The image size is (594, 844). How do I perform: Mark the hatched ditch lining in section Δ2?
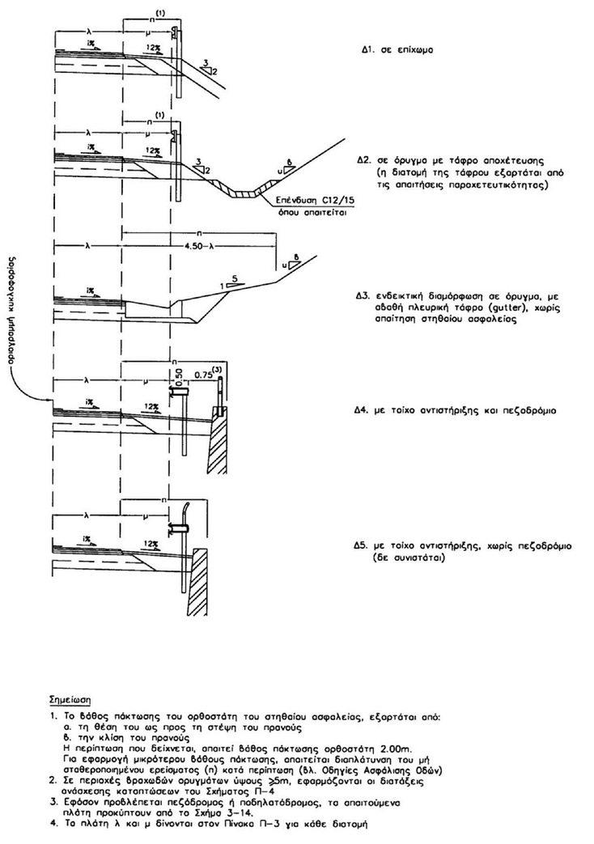[x=244, y=193]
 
